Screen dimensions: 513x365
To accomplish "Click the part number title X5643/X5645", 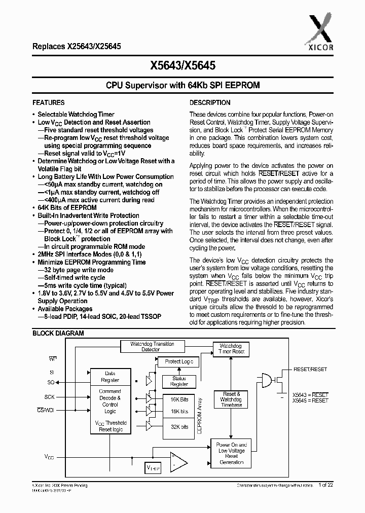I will [182, 65].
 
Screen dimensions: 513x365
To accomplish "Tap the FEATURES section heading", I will [48, 102].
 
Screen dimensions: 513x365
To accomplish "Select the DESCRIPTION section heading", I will [210, 102].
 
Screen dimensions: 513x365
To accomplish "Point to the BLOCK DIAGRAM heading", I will [58, 333].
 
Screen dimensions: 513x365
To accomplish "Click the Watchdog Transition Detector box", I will [152, 347].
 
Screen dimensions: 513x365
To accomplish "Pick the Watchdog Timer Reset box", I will [231, 348].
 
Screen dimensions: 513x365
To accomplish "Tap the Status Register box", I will [179, 381].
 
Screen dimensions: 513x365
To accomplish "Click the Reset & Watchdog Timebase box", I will [231, 399].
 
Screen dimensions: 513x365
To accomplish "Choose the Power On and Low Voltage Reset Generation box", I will [231, 453].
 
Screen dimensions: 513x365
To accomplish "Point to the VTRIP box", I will [153, 468].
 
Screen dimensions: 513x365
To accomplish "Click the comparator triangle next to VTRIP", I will [177, 461].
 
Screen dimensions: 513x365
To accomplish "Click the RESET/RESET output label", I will [310, 370].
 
